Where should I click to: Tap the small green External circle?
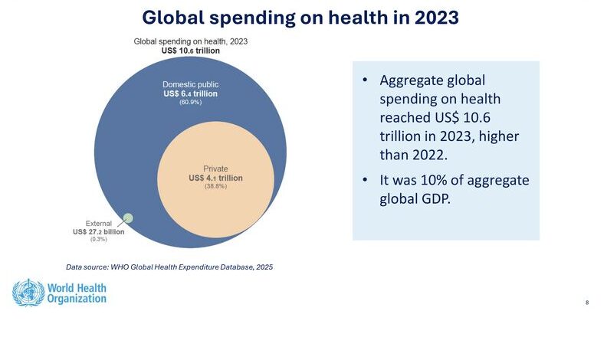click(x=128, y=218)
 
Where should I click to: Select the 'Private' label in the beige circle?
click(x=215, y=169)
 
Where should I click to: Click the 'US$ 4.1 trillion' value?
click(x=215, y=178)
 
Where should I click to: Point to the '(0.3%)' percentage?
click(x=98, y=240)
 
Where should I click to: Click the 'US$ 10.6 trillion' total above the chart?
click(x=190, y=50)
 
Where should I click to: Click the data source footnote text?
click(x=169, y=267)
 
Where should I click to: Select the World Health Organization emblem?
click(x=27, y=293)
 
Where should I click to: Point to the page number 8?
click(x=587, y=303)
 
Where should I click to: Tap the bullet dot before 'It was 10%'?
click(x=366, y=180)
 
